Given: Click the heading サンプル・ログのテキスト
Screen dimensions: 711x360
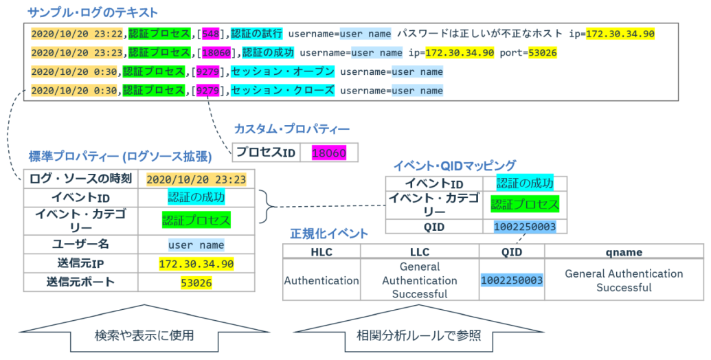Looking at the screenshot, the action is pos(93,12).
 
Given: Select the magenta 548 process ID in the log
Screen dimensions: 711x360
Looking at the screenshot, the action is pos(210,34).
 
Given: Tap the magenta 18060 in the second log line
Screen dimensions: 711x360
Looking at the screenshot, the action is pos(216,53).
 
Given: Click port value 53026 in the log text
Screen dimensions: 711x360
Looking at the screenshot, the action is pos(542,53).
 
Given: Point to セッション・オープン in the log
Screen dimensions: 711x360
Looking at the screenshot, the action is pos(282,71).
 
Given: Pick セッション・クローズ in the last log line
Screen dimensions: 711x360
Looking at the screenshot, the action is pos(282,90).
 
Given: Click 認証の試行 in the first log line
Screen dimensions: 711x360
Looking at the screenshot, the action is pos(257,34).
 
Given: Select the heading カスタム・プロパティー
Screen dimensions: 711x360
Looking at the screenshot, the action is pos(291,129).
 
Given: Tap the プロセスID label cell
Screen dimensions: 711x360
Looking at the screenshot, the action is pos(266,153).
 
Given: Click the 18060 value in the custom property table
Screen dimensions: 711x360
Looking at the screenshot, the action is pos(329,153).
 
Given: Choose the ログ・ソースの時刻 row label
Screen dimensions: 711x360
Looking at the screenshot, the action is pos(80,179).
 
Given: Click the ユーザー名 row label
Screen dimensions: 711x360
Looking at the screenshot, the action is pos(80,245).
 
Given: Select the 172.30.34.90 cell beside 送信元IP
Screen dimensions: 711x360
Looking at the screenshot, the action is pos(196,264).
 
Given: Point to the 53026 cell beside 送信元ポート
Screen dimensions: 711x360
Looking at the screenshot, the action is pos(196,283).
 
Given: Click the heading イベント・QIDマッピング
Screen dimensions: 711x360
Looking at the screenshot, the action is pos(454,166).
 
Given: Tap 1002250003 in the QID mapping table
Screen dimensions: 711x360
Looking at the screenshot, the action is pos(525,227).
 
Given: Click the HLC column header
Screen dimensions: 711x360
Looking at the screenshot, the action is pos(321,252).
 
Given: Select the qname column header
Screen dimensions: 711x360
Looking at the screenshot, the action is pos(624,252).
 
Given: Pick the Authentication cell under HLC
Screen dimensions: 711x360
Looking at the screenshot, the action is pos(321,281).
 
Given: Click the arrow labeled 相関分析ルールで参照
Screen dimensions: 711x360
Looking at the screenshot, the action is pos(418,329).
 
